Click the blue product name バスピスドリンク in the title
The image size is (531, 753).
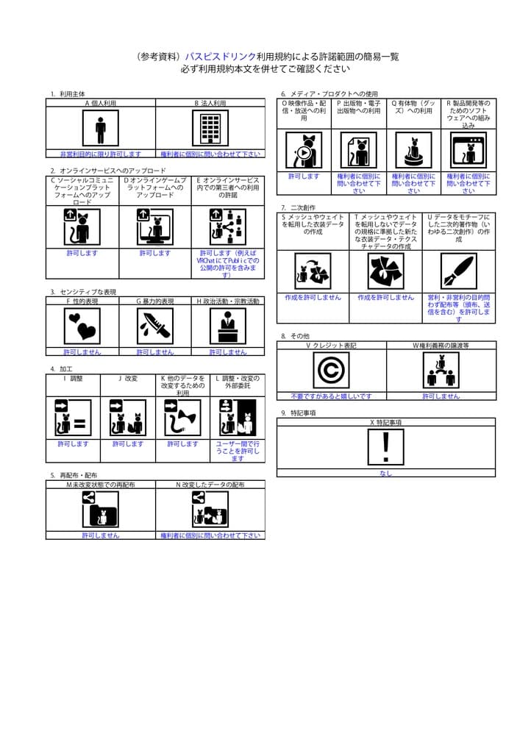(220, 56)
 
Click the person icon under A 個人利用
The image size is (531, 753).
(101, 129)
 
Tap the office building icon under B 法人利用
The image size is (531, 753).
(210, 129)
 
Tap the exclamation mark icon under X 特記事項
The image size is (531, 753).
(385, 447)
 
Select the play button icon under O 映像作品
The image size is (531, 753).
(304, 151)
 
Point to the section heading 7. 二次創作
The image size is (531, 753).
(298, 208)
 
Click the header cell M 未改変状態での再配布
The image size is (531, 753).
(101, 485)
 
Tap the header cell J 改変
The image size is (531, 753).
(128, 379)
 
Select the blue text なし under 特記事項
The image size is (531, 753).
(385, 474)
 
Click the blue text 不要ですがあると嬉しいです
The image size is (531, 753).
(331, 396)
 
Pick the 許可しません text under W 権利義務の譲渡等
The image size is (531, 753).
(441, 396)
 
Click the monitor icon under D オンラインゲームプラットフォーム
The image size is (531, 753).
(155, 227)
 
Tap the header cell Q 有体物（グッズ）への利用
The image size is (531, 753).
(413, 107)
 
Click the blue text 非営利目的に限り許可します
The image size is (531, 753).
(101, 154)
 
